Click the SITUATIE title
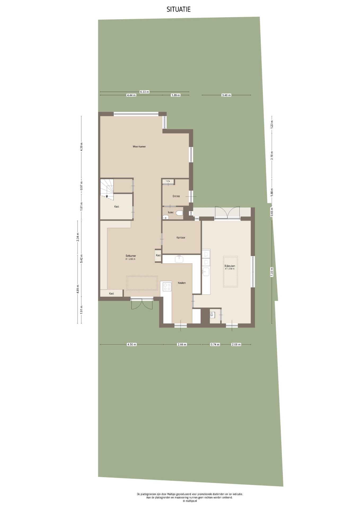pos(178,10)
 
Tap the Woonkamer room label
pos(139,146)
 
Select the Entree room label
pos(176,196)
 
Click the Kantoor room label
pos(181,238)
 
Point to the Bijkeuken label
pos(230,266)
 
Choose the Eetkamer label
pos(131,256)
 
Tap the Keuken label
pos(182,283)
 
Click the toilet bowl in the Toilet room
pos(180,213)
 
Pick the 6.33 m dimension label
pos(144,92)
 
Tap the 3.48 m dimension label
pos(226,95)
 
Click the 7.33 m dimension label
pos(271,272)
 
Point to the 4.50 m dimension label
pos(132,344)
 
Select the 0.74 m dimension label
pos(215,344)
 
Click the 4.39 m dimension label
pos(81,147)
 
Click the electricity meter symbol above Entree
pos(168,182)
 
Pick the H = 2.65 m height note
pos(130,259)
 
